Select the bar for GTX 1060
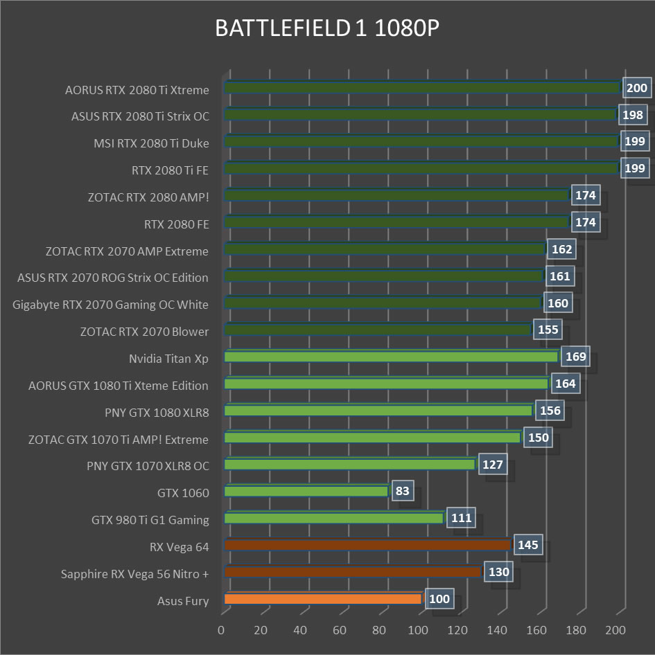[306, 491]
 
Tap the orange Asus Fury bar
[322, 599]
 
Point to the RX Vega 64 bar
[367, 545]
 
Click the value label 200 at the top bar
[636, 88]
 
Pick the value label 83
[402, 492]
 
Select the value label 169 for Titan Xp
[576, 357]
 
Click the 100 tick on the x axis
[418, 630]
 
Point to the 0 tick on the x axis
[221, 630]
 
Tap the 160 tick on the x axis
[536, 630]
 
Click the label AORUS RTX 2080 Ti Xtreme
[137, 89]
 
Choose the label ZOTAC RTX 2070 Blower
[144, 332]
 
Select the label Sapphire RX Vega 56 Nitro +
[134, 573]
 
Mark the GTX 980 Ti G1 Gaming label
[150, 519]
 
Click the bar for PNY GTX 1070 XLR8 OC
[349, 464]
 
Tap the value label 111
[462, 517]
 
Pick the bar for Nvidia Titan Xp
[391, 357]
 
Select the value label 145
[528, 545]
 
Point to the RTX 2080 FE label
[176, 224]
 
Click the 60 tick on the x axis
[340, 630]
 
